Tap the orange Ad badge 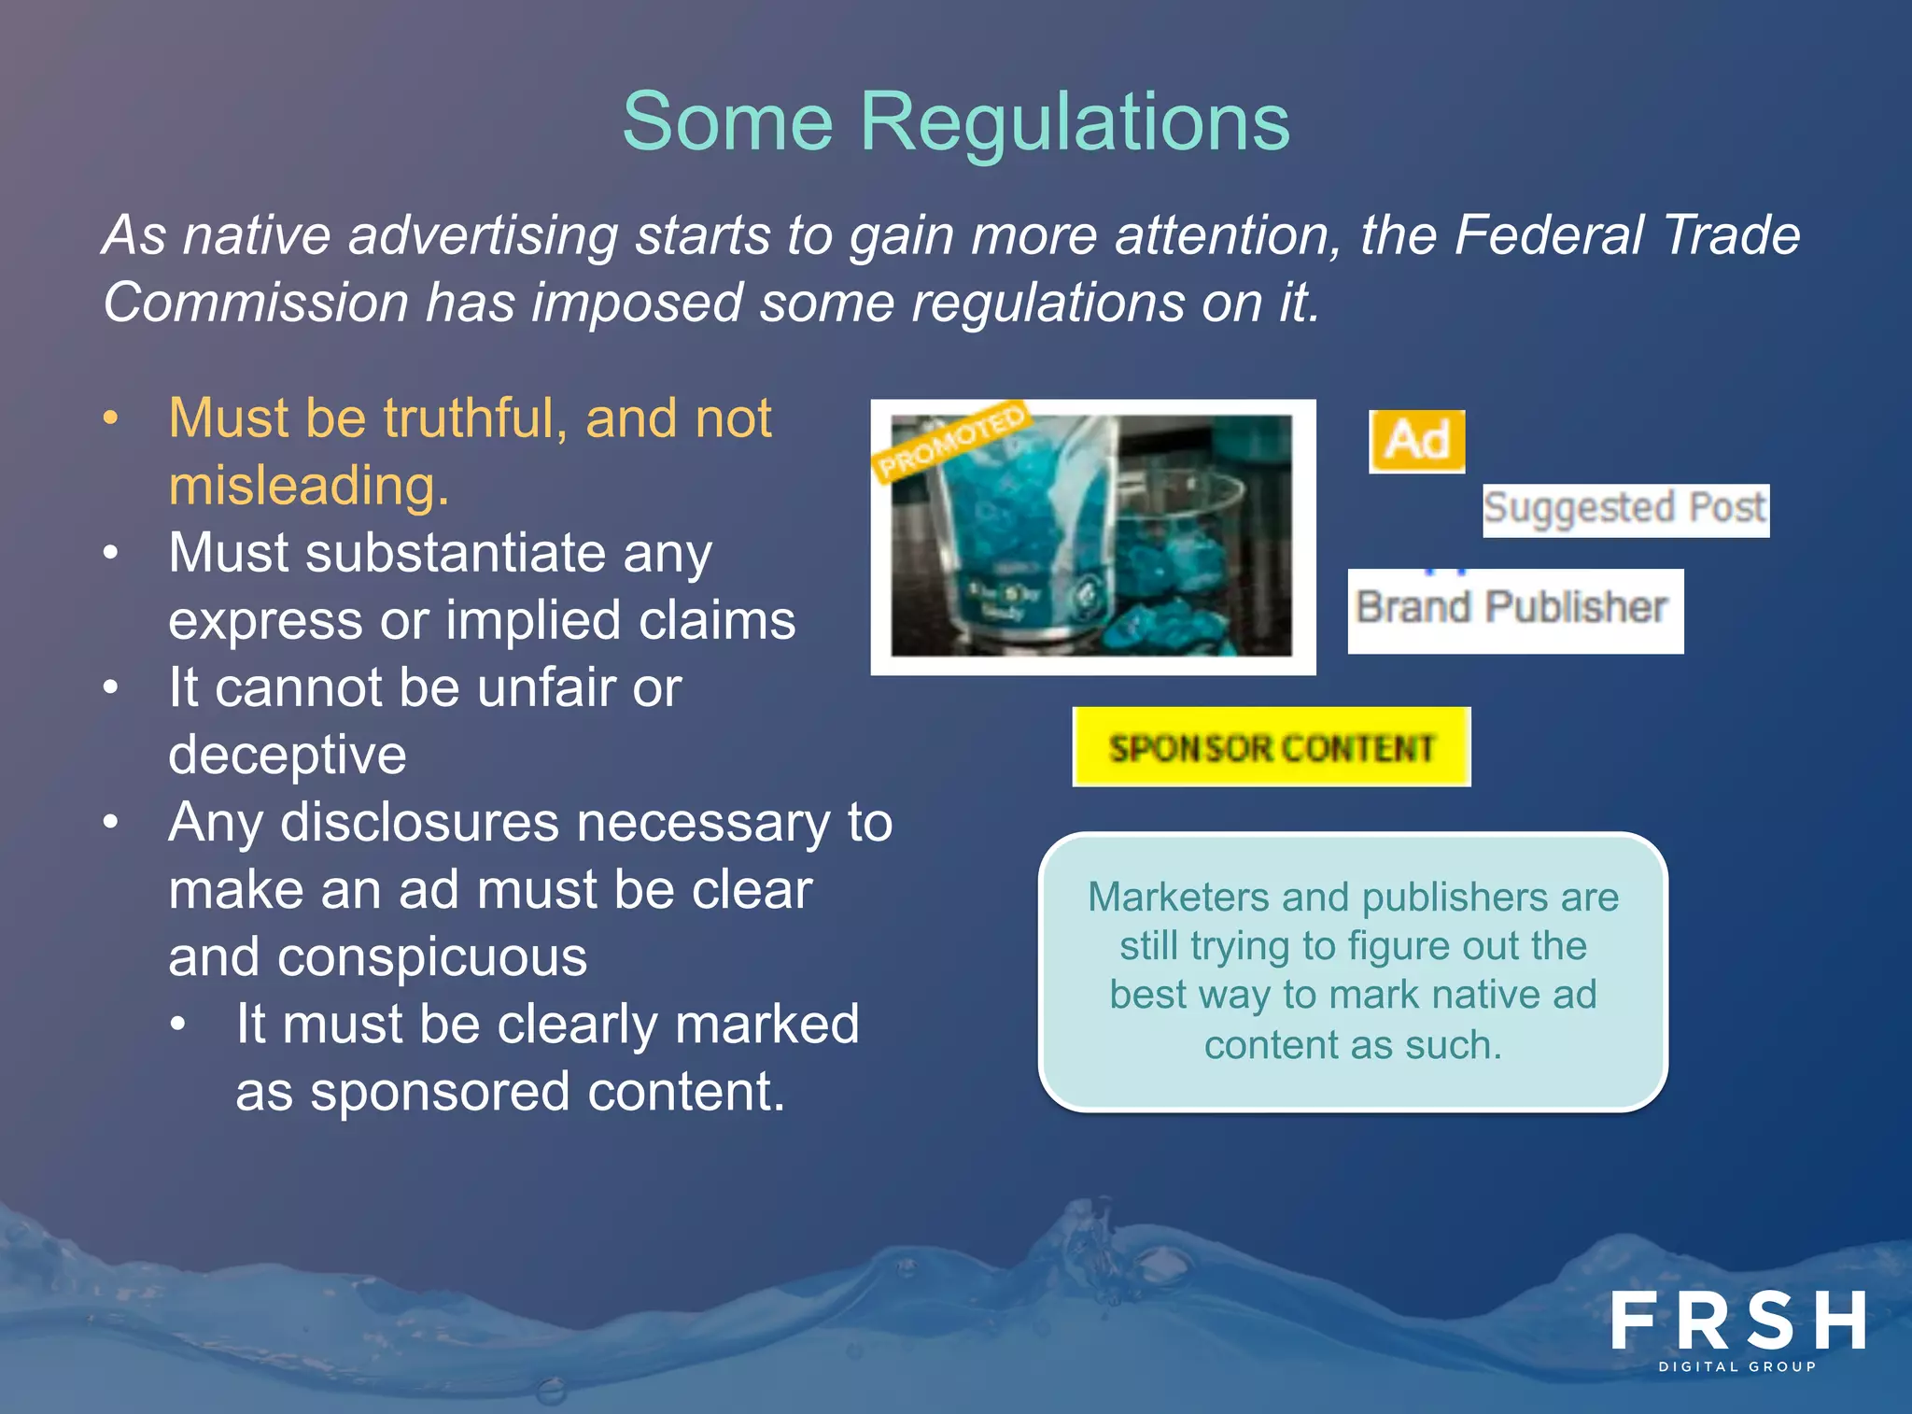1416,441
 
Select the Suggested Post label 1625,509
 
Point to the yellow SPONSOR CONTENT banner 1271,747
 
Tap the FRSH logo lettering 1737,1321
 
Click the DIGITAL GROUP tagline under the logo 1737,1366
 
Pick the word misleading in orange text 308,486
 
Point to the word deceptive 287,755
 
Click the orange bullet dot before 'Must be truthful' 111,418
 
